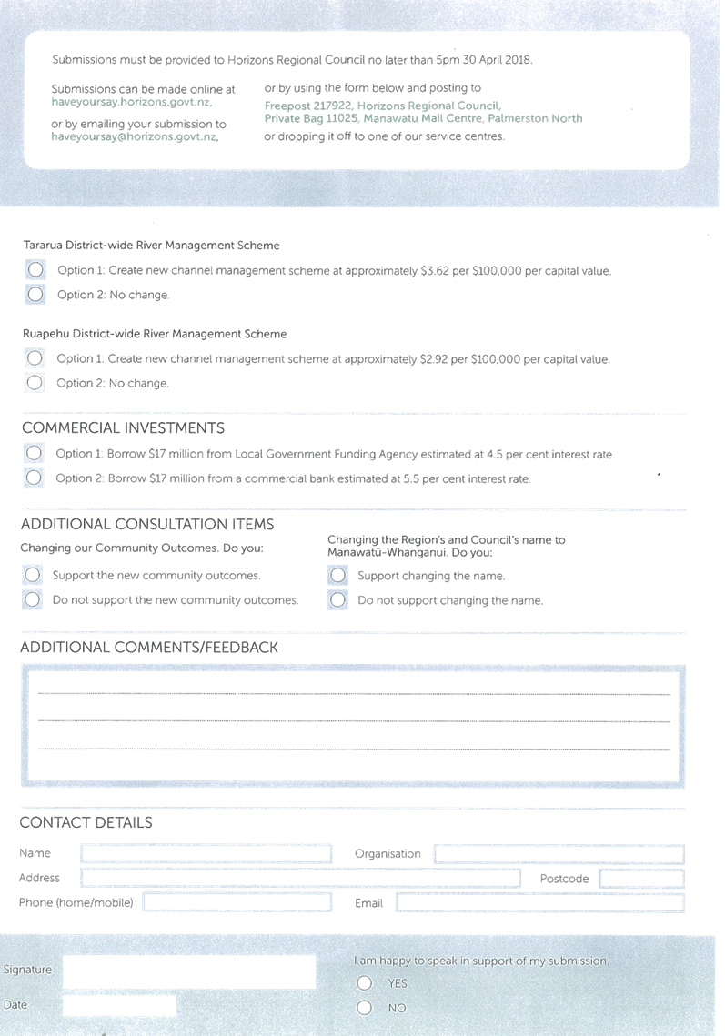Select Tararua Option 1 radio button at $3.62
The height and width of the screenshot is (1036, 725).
[35, 269]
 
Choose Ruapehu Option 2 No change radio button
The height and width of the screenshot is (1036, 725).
[35, 383]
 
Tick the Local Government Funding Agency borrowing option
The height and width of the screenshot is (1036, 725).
[34, 453]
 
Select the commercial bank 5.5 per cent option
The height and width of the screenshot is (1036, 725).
[34, 477]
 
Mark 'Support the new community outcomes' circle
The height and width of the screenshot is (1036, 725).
[33, 575]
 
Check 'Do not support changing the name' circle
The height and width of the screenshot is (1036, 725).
[337, 600]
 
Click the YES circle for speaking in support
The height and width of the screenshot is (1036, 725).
[364, 983]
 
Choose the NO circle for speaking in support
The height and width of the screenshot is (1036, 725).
[364, 1008]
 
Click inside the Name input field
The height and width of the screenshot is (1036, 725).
[206, 854]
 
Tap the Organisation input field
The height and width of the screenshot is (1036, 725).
[559, 854]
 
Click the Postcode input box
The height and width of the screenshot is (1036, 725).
[641, 878]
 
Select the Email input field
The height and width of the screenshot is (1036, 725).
[540, 902]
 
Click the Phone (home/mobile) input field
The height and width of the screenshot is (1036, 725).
[237, 902]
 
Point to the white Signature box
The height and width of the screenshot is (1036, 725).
[189, 972]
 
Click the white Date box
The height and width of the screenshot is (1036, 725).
[120, 1006]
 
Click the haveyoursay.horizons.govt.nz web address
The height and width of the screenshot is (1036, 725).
[132, 103]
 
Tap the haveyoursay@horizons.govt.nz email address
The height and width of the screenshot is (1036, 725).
[135, 136]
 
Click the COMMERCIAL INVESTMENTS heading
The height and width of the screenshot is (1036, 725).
[123, 428]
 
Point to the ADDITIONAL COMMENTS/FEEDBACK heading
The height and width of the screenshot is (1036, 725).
[148, 648]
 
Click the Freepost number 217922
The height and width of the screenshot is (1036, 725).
[332, 106]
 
